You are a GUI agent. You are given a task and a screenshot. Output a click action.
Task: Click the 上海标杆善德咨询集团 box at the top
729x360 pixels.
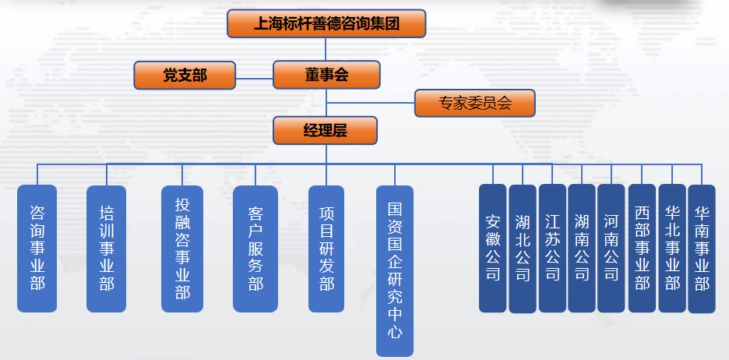[327, 23]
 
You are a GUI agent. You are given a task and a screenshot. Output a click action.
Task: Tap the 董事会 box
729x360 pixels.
[326, 75]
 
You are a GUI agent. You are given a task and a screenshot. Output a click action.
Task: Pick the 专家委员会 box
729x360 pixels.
[474, 104]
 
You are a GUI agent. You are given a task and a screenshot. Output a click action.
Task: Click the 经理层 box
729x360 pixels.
[326, 130]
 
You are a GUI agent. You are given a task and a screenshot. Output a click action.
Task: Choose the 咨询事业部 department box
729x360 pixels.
[37, 248]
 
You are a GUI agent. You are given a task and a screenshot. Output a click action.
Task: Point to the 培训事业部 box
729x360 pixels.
[107, 248]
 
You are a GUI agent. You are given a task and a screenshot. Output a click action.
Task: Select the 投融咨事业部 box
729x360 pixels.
[182, 248]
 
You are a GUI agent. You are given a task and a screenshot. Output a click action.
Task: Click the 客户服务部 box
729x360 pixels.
[255, 248]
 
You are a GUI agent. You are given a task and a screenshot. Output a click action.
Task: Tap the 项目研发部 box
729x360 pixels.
[327, 248]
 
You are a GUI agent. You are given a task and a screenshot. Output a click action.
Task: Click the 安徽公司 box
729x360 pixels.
[493, 248]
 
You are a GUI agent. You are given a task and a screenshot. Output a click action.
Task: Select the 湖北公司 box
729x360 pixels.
[523, 248]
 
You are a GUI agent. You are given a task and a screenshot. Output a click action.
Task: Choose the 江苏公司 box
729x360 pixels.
[552, 248]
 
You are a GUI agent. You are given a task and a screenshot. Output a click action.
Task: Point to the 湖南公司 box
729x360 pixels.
[582, 248]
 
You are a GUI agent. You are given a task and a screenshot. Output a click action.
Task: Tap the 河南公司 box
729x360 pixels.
[611, 248]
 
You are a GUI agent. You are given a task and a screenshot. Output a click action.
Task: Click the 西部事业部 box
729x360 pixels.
[642, 248]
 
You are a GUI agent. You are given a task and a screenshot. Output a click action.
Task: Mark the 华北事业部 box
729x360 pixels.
[672, 248]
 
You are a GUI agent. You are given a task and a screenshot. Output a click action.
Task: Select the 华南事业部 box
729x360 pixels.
[702, 248]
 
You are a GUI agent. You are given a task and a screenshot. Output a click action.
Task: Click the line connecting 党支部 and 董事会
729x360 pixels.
[254, 77]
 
